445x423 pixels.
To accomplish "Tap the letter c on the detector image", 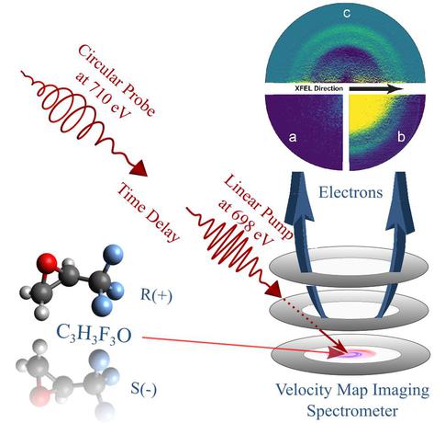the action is click(x=347, y=14).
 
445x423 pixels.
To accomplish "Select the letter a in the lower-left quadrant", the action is click(x=293, y=137).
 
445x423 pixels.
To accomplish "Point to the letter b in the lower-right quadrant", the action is click(x=401, y=136).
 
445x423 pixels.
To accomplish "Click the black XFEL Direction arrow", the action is click(x=376, y=89).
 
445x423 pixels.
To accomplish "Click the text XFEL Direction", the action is click(x=319, y=88).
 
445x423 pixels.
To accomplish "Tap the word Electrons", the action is click(x=350, y=193).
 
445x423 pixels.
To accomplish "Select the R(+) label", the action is click(x=156, y=295).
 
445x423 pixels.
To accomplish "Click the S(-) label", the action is click(x=143, y=389).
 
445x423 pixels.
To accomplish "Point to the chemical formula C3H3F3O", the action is click(x=95, y=335).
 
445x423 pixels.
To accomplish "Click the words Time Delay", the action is click(x=148, y=212).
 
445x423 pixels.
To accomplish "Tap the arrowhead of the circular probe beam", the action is click(x=139, y=168).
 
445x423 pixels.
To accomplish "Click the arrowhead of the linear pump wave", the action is click(x=273, y=289).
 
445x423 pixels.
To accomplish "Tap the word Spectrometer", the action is click(x=352, y=411).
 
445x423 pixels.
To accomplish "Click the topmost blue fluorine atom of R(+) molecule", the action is click(x=113, y=255).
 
